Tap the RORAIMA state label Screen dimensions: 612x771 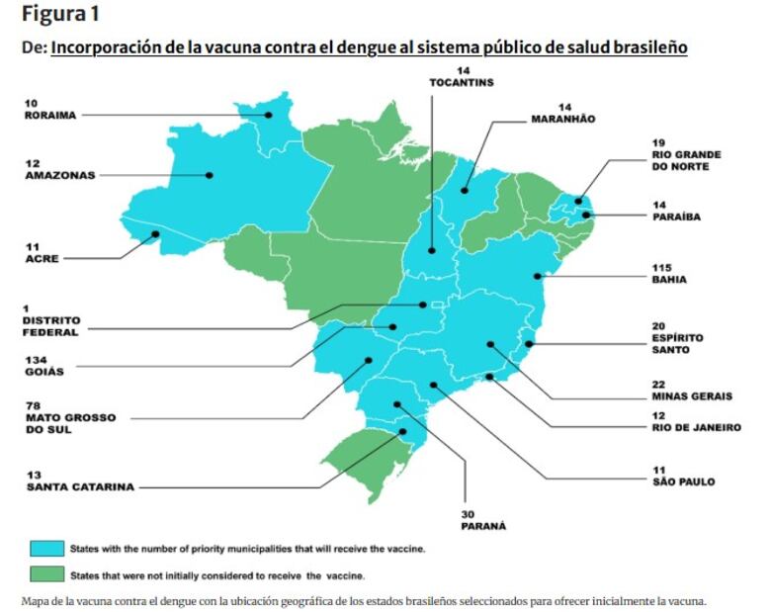[x=49, y=115]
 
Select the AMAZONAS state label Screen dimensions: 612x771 [x=59, y=175]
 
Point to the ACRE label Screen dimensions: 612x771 [x=42, y=259]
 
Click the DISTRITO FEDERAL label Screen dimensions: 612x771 [x=52, y=327]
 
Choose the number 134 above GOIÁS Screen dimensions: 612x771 [x=37, y=358]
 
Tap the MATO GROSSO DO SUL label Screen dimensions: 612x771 [x=69, y=424]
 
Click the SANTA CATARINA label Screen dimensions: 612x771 [x=80, y=486]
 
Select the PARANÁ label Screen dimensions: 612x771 [x=483, y=526]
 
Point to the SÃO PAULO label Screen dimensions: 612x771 [x=681, y=482]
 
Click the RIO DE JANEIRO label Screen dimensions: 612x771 [x=695, y=428]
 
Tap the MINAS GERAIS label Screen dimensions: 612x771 [x=692, y=396]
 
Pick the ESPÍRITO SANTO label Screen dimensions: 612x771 [x=677, y=343]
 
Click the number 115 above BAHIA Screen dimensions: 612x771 [x=661, y=267]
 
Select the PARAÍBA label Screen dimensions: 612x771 [x=676, y=217]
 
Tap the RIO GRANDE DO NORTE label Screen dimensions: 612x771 [x=686, y=160]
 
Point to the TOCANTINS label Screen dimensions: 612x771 [x=461, y=82]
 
